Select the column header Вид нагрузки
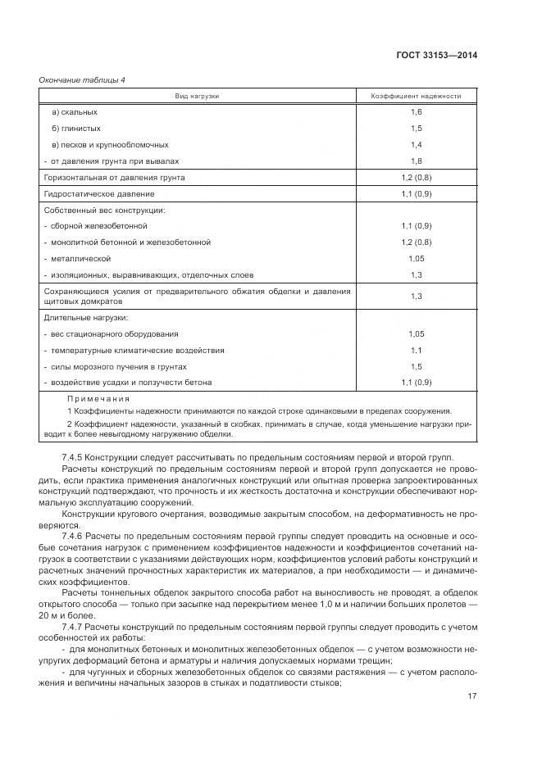[x=197, y=96]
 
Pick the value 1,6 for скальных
[x=416, y=111]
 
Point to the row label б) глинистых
[x=76, y=128]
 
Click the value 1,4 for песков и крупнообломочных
[x=416, y=144]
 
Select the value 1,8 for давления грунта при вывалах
[x=416, y=161]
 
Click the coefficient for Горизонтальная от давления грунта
[x=416, y=177]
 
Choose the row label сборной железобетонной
[x=99, y=225]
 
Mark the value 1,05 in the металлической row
[x=416, y=258]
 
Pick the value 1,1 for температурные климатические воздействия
[x=416, y=351]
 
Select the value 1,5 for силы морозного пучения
[x=416, y=367]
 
